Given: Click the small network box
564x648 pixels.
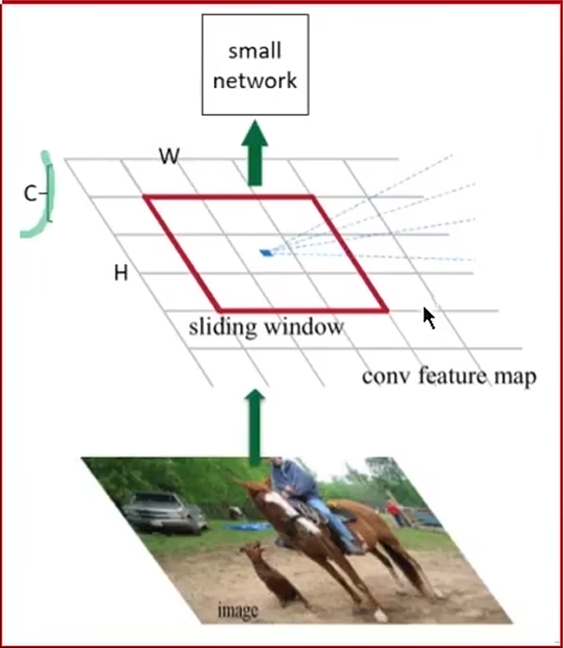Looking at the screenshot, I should [x=254, y=66].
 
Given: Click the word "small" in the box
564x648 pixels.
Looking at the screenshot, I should [x=254, y=52].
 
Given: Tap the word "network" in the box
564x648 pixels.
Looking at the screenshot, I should [x=254, y=80].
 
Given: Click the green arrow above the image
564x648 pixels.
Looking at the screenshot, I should [x=254, y=422].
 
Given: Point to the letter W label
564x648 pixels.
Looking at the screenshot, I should [x=168, y=156].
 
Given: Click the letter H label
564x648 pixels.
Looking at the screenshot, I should [x=120, y=273].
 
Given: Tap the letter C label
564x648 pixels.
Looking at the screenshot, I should [x=30, y=194].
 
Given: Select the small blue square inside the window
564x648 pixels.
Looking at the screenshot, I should [x=266, y=251].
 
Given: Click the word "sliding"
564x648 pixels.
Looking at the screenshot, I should [x=225, y=327].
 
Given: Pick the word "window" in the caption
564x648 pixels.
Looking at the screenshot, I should [x=302, y=327].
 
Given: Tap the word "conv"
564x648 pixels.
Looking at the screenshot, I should [x=384, y=375].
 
